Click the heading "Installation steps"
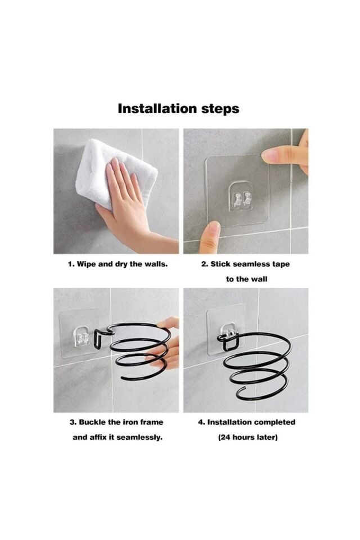coord(178,109)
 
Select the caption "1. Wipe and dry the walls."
coord(118,264)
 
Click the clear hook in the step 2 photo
coord(241,196)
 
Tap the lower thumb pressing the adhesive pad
coord(210,237)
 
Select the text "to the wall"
coord(246,279)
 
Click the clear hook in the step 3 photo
coord(81,335)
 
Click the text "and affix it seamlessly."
coord(118,438)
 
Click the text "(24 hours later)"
coord(247,438)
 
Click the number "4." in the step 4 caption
coord(201,422)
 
